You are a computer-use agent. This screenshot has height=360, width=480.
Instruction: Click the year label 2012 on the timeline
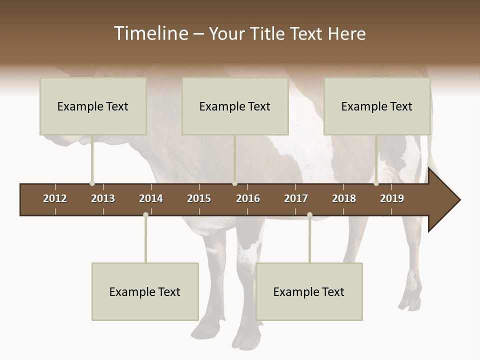[55, 198]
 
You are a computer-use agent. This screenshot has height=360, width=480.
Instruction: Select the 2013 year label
[103, 198]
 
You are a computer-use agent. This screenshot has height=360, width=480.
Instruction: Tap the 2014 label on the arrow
[151, 198]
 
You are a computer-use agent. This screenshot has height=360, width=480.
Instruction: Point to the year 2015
[199, 198]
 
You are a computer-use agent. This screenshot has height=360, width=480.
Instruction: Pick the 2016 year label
[248, 198]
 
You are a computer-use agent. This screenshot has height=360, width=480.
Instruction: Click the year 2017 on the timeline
[296, 198]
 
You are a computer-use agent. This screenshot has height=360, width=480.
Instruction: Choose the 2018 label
[344, 198]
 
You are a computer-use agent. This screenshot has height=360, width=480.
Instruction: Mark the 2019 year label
[392, 198]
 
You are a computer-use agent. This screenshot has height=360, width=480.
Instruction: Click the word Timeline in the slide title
[150, 33]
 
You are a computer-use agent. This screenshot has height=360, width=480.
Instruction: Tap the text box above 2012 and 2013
[93, 106]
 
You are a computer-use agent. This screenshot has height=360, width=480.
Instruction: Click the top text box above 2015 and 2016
[235, 106]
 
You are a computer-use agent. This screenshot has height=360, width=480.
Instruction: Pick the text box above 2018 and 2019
[377, 106]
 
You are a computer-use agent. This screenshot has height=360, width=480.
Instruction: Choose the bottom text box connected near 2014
[145, 291]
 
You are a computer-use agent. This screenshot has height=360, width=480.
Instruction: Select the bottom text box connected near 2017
[309, 291]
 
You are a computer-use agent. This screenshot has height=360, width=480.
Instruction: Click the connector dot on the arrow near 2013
[92, 183]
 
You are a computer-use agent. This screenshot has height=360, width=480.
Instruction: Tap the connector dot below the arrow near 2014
[145, 214]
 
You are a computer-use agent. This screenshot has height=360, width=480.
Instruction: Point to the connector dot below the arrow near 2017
[309, 214]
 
